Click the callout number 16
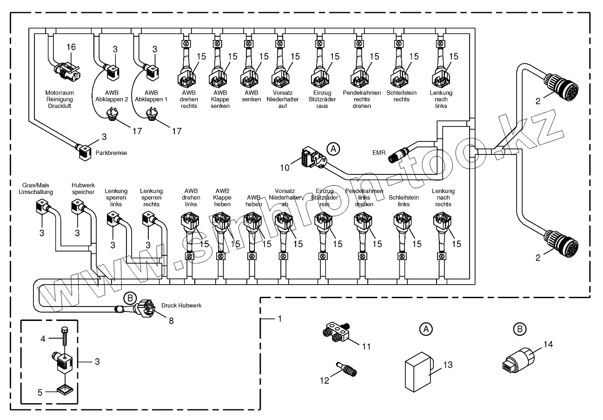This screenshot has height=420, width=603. pos(71,47)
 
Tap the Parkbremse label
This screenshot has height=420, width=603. pos(111,153)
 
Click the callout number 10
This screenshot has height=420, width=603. pos(285,167)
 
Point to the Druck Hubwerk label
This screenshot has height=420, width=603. pos(182,306)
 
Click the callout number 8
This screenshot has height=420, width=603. pos(171,320)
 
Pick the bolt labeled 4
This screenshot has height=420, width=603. pos(64,336)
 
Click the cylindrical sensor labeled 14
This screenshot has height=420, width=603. pos(518,360)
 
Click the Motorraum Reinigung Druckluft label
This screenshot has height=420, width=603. pos(60,99)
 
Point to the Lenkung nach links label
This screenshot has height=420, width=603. pos(441,99)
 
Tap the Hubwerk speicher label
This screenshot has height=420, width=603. pos(83,188)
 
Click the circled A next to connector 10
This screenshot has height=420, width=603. pos(333,149)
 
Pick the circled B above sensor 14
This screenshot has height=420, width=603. pos(519,329)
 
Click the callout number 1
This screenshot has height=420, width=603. pos(280,319)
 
